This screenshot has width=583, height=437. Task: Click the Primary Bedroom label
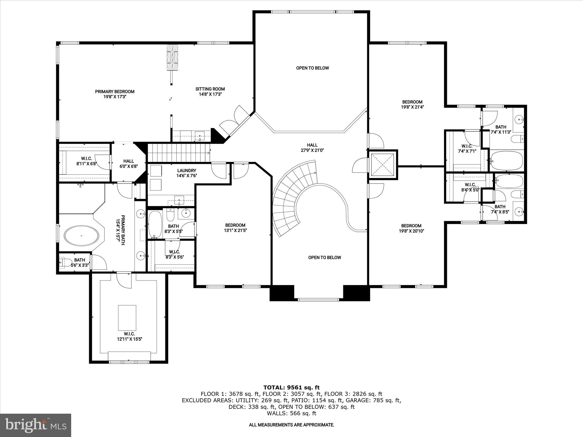tap(114, 92)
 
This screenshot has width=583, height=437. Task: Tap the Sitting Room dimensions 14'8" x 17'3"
tap(210, 94)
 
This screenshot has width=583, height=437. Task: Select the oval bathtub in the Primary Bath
tap(82, 236)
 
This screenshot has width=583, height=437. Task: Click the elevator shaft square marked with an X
tap(383, 165)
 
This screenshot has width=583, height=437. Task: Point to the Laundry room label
tap(186, 171)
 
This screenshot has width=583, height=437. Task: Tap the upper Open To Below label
tap(312, 68)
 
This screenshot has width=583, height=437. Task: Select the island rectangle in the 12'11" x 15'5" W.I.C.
tap(127, 318)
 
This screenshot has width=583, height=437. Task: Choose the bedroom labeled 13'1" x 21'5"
tap(235, 228)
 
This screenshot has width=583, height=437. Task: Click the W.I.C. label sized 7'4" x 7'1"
tap(467, 149)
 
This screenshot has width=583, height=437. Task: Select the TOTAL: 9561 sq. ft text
tap(291, 387)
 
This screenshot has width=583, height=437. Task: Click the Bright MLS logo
tap(36, 425)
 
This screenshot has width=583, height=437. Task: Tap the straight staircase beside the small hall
tap(179, 153)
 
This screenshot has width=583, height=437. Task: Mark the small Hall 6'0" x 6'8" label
tap(129, 164)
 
